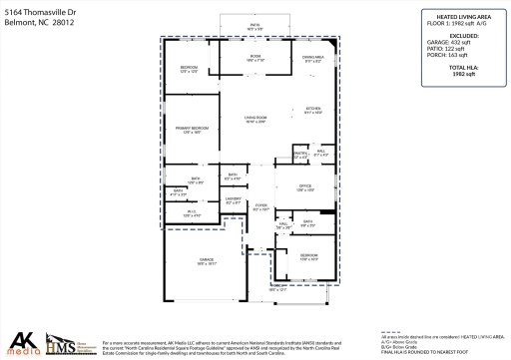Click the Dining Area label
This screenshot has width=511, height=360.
click(313, 60)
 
